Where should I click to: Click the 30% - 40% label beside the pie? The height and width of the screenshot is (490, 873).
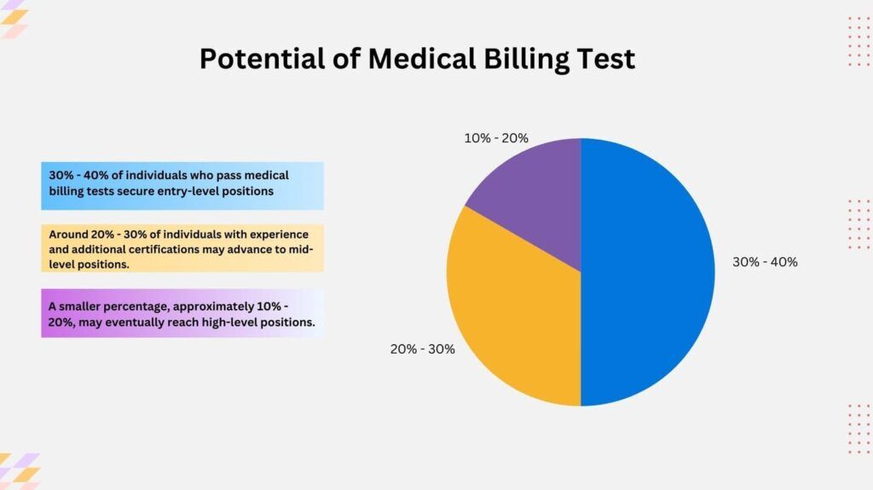pos(765,262)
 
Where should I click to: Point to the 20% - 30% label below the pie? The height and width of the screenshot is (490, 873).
pos(422,349)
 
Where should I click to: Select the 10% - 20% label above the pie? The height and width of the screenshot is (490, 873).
pos(496,137)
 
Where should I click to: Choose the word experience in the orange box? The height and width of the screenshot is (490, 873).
pos(279,233)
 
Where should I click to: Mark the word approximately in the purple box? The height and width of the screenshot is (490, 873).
pos(219,306)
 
